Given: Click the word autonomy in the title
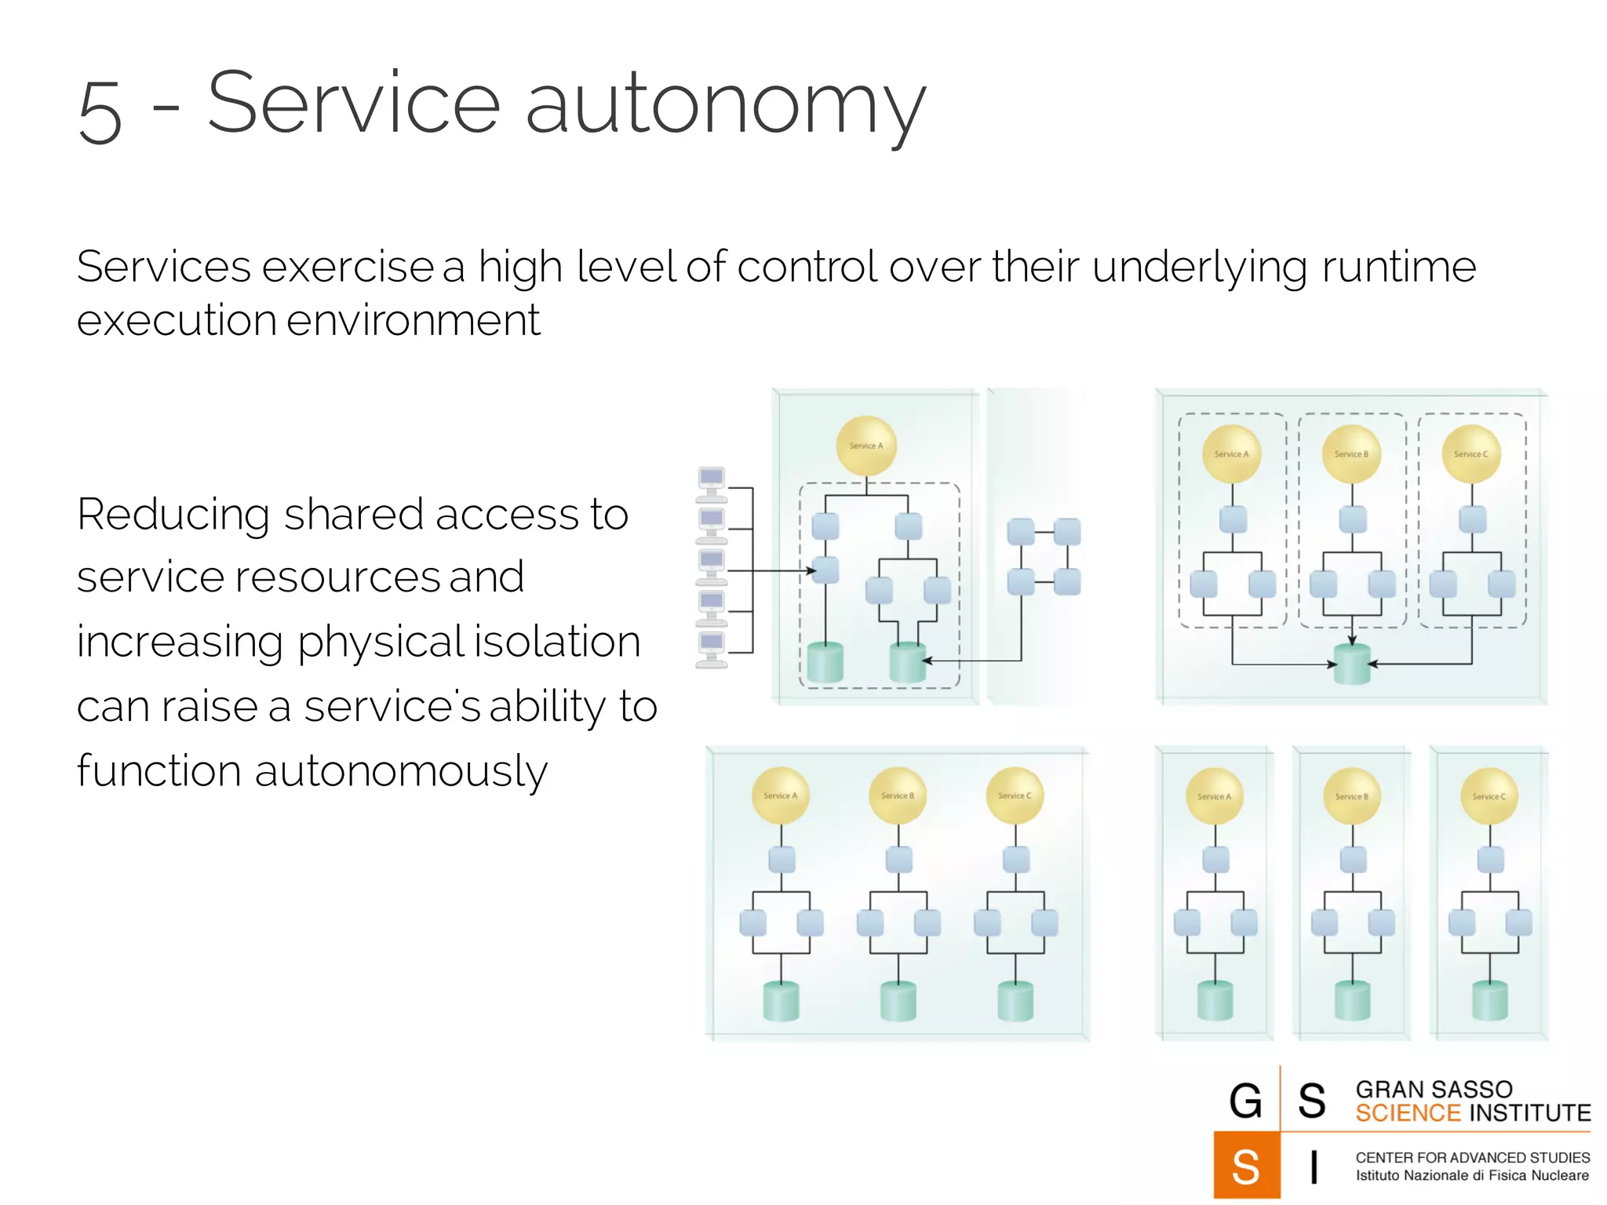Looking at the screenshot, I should tap(725, 107).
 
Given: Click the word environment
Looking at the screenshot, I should tap(414, 321).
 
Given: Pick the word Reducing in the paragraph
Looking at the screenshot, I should tap(173, 516).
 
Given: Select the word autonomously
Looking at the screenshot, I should tap(401, 772).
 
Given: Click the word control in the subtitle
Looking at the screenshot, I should tap(807, 267).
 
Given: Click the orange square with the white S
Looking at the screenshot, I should tap(1246, 1165).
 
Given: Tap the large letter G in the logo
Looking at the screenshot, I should tap(1245, 1100).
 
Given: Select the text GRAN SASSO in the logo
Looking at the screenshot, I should tap(1434, 1090).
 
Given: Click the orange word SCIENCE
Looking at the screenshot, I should tap(1408, 1113).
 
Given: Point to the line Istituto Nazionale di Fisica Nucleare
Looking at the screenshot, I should tap(1472, 1175).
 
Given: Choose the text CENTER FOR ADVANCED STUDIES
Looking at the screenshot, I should tap(1472, 1157).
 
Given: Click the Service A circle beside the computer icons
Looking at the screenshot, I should tap(866, 446).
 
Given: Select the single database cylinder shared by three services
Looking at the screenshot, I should tap(1352, 664).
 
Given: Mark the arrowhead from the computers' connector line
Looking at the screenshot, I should tap(812, 571).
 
